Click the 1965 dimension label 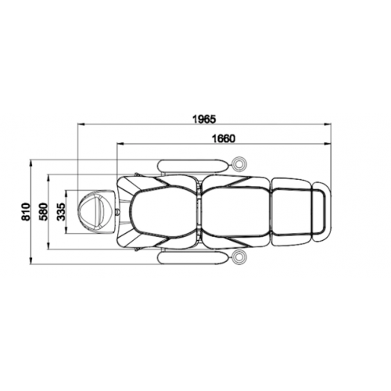pos(204,119)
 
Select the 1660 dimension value pos(223,138)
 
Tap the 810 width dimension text pos(27,212)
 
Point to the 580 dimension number pos(44,212)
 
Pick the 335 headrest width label pos(61,212)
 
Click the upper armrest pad pos(193,165)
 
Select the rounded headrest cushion pos(91,212)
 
